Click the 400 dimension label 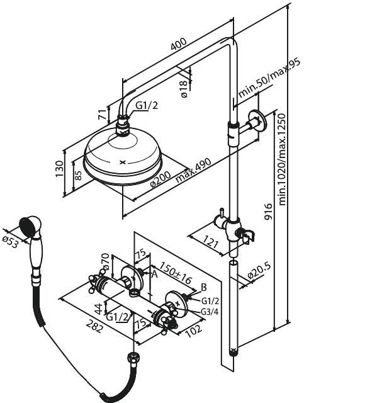179,44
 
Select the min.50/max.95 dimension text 269,78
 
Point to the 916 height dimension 268,212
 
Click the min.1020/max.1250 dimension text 282,159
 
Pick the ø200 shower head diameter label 160,179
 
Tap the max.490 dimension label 193,170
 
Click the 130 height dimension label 59,169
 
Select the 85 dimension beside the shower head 79,175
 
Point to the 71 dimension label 102,115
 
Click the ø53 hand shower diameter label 11,242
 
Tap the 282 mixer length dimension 95,326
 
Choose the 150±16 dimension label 176,273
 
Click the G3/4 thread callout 210,312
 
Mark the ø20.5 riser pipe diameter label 260,271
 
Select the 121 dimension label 211,242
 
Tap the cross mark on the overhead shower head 123,162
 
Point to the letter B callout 204,287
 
